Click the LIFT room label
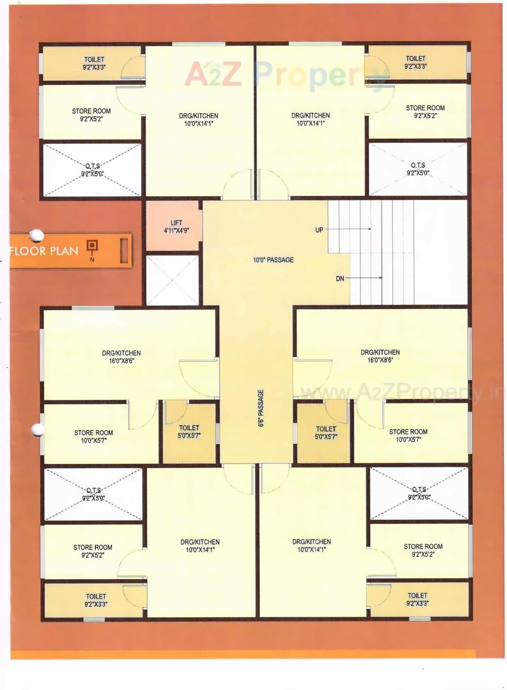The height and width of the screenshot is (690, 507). coord(176,226)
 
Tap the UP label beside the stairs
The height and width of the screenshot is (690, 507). coord(319,230)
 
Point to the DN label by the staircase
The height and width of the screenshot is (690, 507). coord(340,279)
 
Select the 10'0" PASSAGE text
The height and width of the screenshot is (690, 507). coord(273,260)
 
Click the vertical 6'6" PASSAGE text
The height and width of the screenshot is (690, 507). coord(261,408)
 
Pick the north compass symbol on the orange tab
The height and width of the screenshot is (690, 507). coord(92,247)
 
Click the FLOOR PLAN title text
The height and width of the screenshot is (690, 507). coord(44,251)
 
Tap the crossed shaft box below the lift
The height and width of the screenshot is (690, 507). coord(172,280)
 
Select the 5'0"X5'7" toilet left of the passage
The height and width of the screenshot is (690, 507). coord(189,432)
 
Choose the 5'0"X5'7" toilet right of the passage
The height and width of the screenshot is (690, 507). coord(326,433)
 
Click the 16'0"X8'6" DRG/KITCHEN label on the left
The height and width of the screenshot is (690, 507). coord(121,357)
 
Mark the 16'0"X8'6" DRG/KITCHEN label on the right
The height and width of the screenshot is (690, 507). coord(380,356)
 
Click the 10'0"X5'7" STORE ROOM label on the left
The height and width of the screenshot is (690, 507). coord(93,436)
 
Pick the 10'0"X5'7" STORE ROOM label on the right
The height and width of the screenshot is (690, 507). coord(408,436)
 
